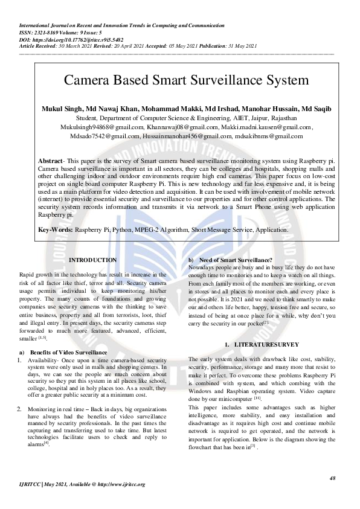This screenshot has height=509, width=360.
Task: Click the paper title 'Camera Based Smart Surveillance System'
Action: [x=186, y=80]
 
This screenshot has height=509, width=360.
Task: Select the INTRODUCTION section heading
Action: [x=93, y=260]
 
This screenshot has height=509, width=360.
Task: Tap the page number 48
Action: [x=333, y=478]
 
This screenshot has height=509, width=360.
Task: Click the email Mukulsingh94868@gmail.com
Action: [x=101, y=127]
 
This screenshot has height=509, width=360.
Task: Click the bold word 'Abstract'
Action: [x=50, y=162]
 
